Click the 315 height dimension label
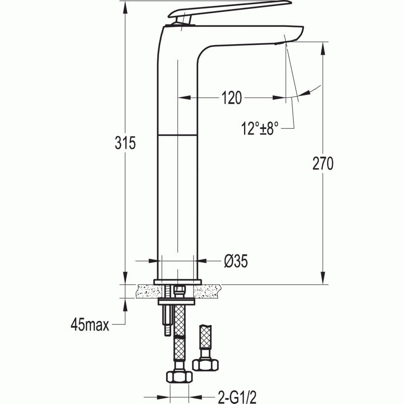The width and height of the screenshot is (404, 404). coord(125,143)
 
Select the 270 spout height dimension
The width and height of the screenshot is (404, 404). coord(323,164)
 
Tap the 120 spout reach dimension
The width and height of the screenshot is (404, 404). coord(231,98)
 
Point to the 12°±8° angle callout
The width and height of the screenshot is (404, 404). coord(260,129)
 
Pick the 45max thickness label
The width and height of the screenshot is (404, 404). coord(90,324)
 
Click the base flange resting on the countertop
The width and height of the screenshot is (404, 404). coord(177,282)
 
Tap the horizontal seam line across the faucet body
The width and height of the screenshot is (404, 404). coord(177,134)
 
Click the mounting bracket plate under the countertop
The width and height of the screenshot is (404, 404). coord(177,301)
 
